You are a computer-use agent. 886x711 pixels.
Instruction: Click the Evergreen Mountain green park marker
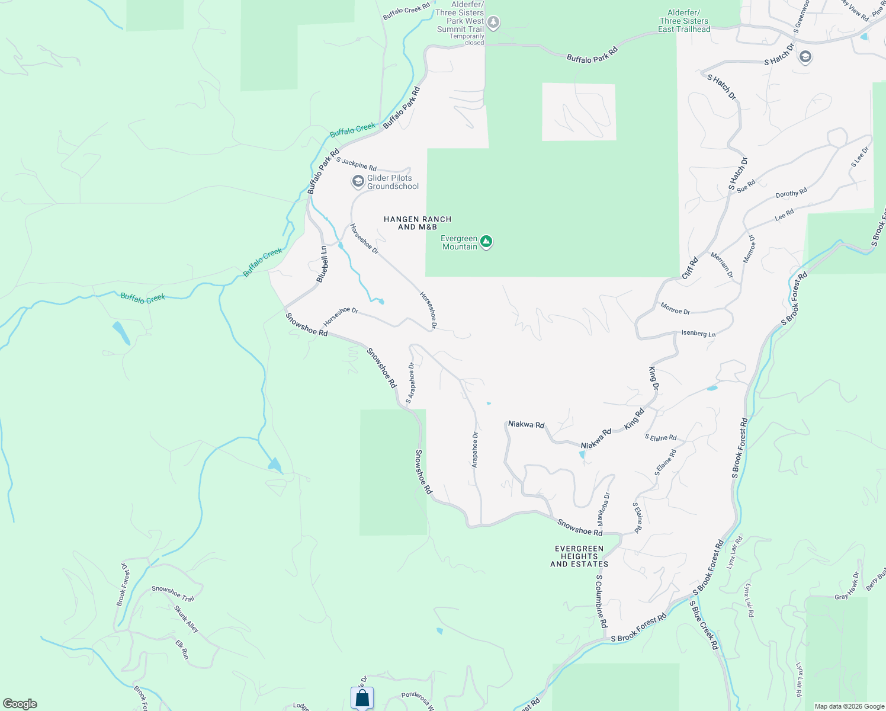[486, 241]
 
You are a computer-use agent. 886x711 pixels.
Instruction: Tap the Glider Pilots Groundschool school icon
[358, 181]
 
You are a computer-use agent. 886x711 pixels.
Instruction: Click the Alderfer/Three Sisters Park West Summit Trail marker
[493, 23]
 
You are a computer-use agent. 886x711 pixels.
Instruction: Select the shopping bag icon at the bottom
[362, 698]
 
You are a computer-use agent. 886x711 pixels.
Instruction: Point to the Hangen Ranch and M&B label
[418, 223]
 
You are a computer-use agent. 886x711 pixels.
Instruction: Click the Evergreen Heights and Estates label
[579, 556]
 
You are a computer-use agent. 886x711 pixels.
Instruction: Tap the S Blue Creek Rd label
[704, 625]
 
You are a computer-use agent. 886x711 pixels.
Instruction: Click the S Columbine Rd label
[601, 601]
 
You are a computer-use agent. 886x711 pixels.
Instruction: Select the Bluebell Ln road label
[322, 264]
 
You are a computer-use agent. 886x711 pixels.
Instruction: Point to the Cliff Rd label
[690, 268]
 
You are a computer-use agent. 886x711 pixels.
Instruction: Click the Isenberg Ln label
[698, 334]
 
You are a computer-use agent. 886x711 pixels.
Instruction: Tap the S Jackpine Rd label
[357, 164]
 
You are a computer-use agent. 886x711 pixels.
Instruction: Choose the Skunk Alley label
[186, 619]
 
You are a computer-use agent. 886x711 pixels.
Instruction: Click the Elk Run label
[182, 649]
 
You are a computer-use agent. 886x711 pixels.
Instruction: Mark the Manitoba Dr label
[603, 510]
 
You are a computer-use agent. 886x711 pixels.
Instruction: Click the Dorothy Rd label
[791, 193]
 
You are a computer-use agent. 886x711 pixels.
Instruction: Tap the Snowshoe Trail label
[173, 593]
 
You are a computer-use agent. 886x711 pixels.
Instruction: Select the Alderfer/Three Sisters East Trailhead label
[684, 21]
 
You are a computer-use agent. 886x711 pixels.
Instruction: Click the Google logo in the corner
[20, 704]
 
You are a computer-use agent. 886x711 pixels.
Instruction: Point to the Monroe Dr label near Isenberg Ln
[675, 308]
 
